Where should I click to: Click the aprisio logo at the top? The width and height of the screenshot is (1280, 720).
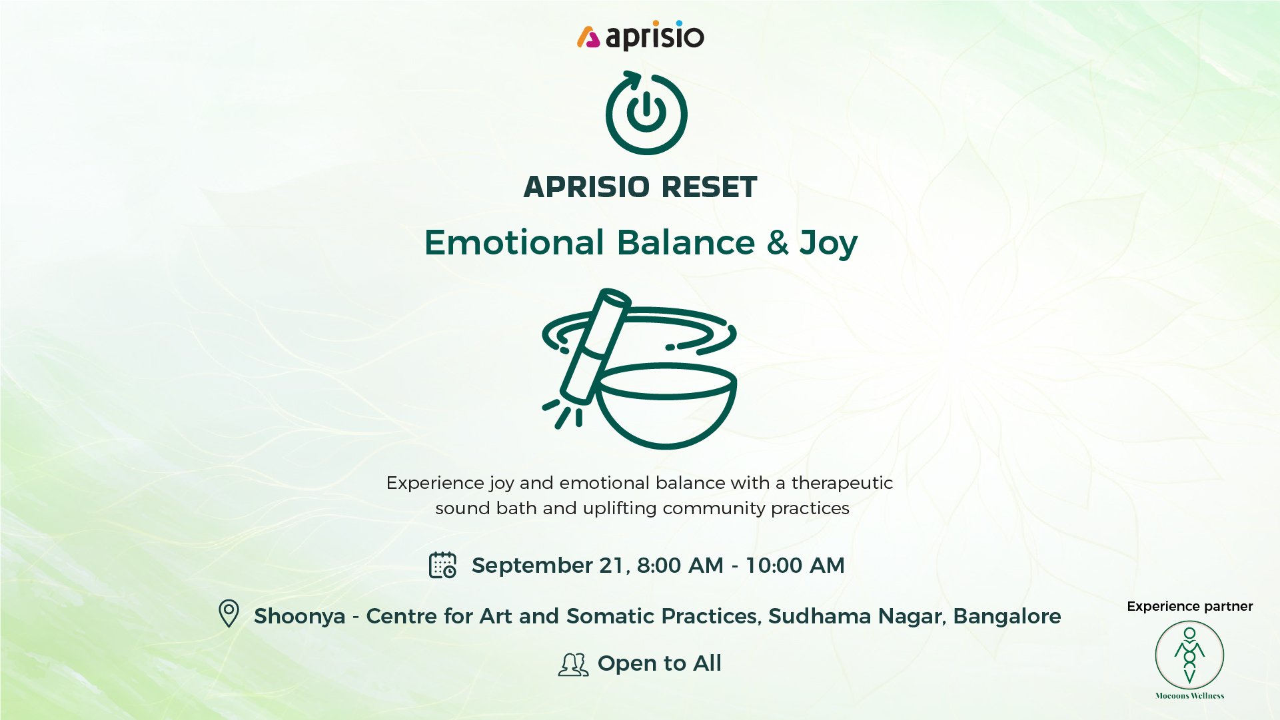click(x=640, y=36)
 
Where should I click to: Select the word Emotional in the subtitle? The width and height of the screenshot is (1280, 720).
click(x=514, y=242)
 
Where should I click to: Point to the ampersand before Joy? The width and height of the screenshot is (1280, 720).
click(x=778, y=242)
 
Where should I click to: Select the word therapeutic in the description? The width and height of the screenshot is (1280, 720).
click(x=842, y=483)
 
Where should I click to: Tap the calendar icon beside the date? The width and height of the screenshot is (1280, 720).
click(x=442, y=565)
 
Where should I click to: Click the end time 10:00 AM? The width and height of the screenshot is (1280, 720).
click(x=795, y=565)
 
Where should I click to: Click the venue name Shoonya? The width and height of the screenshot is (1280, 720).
click(x=300, y=616)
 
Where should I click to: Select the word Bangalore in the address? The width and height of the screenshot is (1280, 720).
click(x=1007, y=616)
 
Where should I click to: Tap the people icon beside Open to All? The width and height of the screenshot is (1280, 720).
click(x=573, y=664)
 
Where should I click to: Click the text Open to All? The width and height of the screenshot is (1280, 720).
click(x=659, y=663)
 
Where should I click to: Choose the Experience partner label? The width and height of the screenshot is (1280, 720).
click(x=1190, y=607)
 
